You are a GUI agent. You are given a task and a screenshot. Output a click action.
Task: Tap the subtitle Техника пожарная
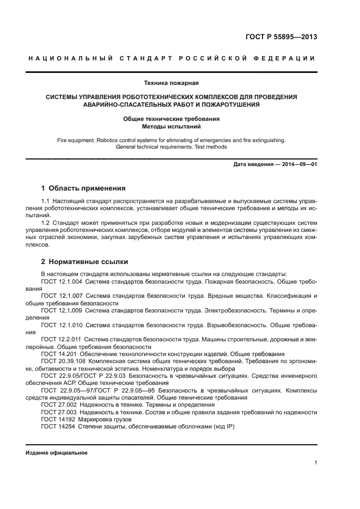pyautogui.click(x=171, y=83)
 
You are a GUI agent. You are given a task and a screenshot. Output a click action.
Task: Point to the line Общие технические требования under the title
pyautogui.click(x=171, y=119)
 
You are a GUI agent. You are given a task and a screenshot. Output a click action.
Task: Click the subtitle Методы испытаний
pyautogui.click(x=171, y=126)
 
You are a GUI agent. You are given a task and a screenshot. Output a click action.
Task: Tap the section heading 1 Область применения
pyautogui.click(x=83, y=188)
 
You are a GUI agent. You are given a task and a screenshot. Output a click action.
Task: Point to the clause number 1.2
pyautogui.click(x=46, y=223)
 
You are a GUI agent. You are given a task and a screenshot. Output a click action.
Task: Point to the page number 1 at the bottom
pyautogui.click(x=315, y=463)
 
